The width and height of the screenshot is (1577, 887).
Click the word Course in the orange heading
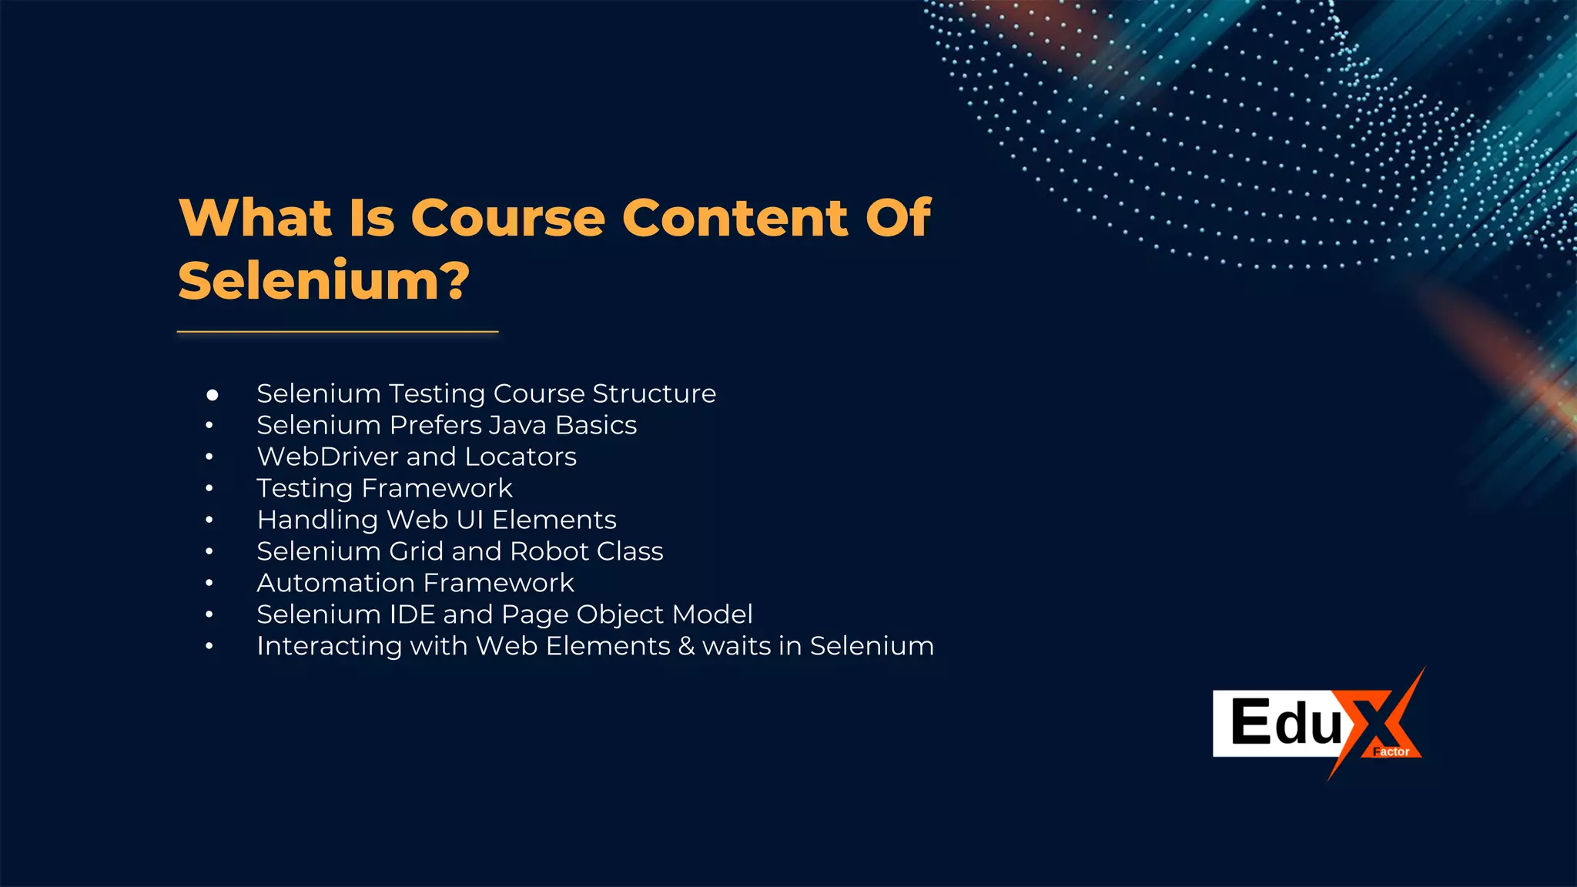pyautogui.click(x=508, y=218)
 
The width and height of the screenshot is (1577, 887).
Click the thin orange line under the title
pyautogui.click(x=337, y=332)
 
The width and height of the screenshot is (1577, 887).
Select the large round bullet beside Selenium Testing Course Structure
pyautogui.click(x=213, y=395)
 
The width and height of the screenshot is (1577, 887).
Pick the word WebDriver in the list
pyautogui.click(x=327, y=457)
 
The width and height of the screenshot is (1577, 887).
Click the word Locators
pyautogui.click(x=521, y=457)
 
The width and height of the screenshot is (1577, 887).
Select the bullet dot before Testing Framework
pyautogui.click(x=209, y=488)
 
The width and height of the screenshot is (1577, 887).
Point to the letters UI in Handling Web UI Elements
pyautogui.click(x=470, y=520)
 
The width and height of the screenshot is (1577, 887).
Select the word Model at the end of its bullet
pyautogui.click(x=712, y=614)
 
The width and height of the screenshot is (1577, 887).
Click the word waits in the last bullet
pyautogui.click(x=736, y=646)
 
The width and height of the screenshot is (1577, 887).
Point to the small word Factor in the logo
pyautogui.click(x=1391, y=751)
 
